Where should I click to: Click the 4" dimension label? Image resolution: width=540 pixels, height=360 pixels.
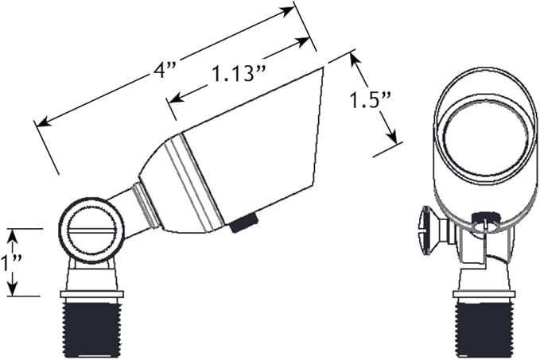coord(165,72)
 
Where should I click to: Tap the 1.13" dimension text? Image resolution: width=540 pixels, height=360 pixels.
coord(239,73)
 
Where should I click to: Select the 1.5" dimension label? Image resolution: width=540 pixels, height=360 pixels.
coord(371,101)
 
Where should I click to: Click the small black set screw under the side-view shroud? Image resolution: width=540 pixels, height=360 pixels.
coord(244,223)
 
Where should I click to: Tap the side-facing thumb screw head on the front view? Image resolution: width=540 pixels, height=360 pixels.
coord(429,230)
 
